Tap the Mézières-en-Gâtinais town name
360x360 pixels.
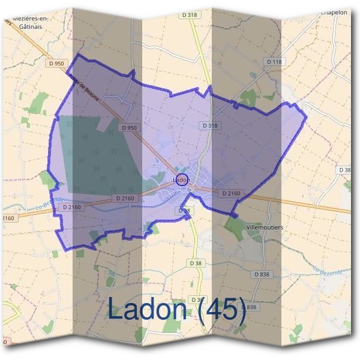(x=29, y=22)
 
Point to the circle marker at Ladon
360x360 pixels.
(x=183, y=179)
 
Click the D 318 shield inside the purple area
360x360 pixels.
(x=208, y=125)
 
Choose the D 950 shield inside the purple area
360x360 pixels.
(x=130, y=128)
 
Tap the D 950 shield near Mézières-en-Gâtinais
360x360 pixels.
(x=56, y=63)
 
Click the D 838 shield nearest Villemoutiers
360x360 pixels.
(x=262, y=274)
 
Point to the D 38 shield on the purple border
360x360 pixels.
(x=184, y=211)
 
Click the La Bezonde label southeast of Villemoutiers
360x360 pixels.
(x=326, y=272)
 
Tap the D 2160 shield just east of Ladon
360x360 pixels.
(x=231, y=193)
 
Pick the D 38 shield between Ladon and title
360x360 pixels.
(x=195, y=263)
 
